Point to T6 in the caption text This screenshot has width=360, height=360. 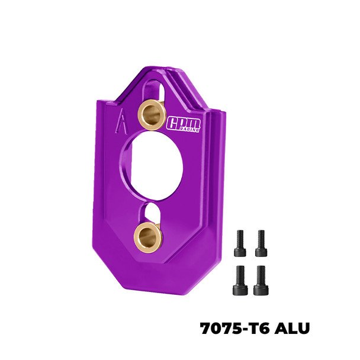pyautogui.click(x=261, y=328)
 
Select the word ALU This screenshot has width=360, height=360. pyautogui.click(x=292, y=328)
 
